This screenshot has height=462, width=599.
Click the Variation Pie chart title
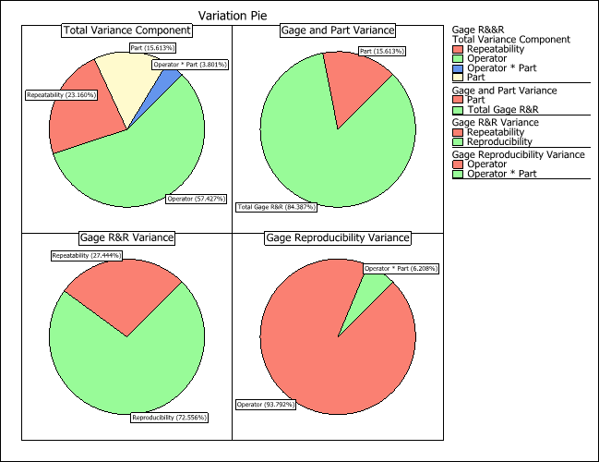coord(234,15)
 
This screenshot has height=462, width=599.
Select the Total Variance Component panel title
coord(126,30)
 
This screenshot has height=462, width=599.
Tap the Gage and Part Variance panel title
coord(337,30)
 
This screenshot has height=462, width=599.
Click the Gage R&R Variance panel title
coord(126,237)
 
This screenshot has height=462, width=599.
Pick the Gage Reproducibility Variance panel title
coord(337,237)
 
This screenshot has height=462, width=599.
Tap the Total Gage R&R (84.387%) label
coord(274,206)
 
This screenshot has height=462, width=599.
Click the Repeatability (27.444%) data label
coord(86,255)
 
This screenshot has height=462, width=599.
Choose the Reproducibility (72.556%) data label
coord(169,418)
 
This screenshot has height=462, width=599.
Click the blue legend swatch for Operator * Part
coord(458,68)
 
